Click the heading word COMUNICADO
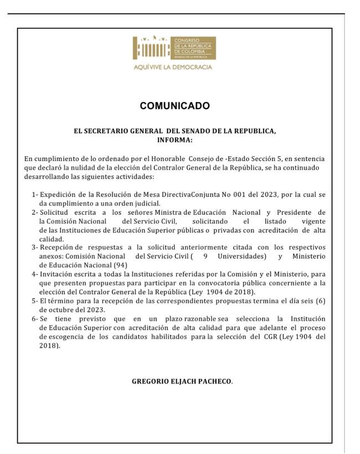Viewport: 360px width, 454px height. tap(174, 106)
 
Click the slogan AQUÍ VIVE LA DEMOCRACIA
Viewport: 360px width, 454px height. tap(173, 67)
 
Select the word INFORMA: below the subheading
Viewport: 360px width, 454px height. tap(174, 141)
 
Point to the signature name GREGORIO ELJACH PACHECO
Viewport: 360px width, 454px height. tap(182, 381)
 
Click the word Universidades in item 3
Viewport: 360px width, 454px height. tap(240, 256)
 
